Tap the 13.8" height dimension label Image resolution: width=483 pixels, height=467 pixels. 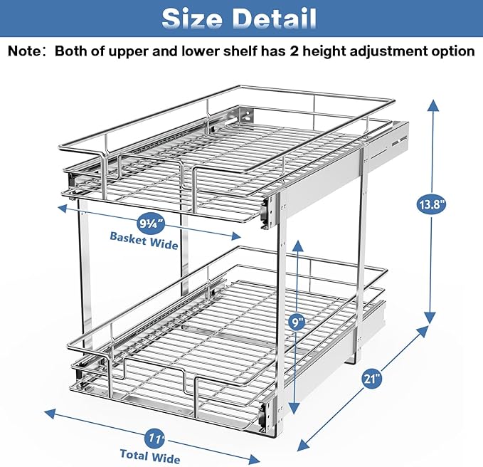[431, 206]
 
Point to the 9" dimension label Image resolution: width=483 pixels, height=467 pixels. [298, 322]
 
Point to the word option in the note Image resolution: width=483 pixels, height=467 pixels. [452, 51]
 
